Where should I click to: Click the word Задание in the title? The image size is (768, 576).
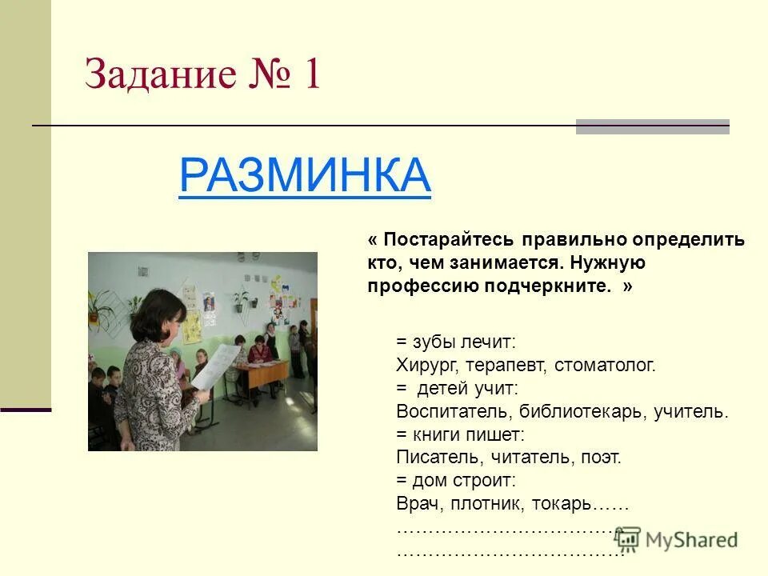[161, 75]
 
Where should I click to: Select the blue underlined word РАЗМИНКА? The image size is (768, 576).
[305, 175]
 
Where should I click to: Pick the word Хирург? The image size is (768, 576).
[424, 366]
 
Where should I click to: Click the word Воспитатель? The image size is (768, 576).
[453, 411]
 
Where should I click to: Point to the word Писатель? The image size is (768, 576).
[433, 458]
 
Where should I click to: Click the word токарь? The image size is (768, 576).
[565, 504]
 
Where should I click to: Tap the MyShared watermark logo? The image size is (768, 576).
[677, 540]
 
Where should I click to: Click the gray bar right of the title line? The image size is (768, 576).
[652, 126]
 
